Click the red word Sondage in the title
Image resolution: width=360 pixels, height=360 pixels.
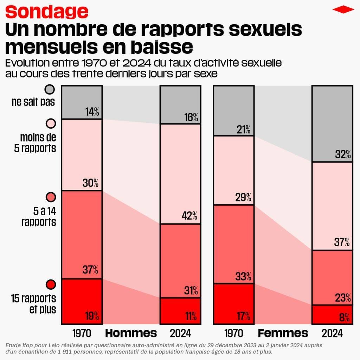click(x=47, y=12)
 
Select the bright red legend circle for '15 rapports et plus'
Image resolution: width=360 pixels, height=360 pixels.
click(x=51, y=284)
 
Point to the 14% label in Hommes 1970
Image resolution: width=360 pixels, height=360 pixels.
click(x=92, y=112)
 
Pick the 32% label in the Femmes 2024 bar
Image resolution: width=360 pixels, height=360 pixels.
click(x=343, y=154)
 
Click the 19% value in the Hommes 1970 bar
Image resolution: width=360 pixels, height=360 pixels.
click(x=92, y=316)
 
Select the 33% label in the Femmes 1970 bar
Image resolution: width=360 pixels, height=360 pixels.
click(x=244, y=277)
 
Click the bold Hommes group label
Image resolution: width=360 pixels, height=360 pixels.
click(x=131, y=333)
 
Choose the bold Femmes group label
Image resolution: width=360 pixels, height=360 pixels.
click(x=283, y=333)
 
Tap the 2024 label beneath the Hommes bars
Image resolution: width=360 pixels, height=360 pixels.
click(x=180, y=333)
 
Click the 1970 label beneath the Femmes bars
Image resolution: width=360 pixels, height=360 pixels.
click(x=233, y=333)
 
